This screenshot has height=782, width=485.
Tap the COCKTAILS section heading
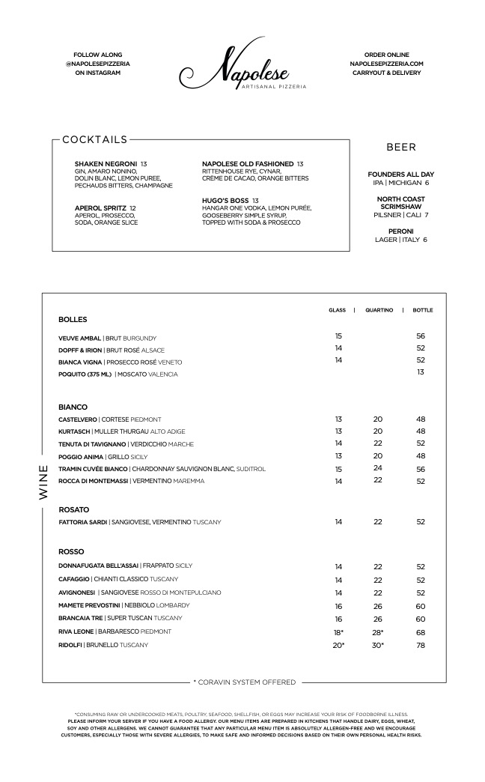pos(94,139)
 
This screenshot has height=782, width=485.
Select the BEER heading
pos(401,148)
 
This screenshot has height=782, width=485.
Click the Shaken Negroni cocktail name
pos(106,164)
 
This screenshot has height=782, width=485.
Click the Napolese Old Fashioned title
pos(248,164)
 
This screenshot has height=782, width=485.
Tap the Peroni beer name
pos(400,231)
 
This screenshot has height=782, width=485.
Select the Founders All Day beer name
pos(400,175)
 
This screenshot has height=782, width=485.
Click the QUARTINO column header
pos(379,310)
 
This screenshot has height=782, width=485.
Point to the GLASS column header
pos(338,310)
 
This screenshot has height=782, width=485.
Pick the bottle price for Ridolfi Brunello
pos(421,645)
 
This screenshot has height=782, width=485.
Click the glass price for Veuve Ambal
pos(338,337)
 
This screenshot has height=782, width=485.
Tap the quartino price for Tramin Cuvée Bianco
pos(378,469)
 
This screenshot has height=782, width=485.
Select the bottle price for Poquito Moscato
pos(421,372)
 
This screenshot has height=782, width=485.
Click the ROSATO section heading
pos(74,509)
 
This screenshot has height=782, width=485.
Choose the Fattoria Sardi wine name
pos(83,522)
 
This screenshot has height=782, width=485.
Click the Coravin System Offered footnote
pos(244,682)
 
